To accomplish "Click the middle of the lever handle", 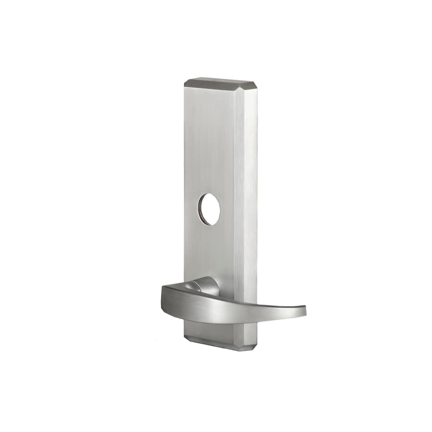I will click(230, 307).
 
